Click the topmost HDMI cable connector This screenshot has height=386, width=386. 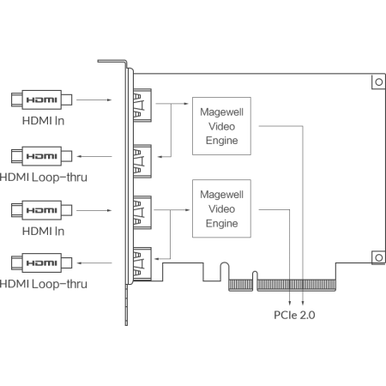pos(42,100)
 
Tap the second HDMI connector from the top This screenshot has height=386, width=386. pos(42,156)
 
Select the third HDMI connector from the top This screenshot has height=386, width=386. pos(42,210)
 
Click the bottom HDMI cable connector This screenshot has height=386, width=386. pos(42,262)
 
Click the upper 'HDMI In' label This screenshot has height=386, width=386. pos(43,121)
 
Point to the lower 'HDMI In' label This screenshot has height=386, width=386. pos(43,232)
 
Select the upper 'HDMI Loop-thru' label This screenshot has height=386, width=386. pos(44,178)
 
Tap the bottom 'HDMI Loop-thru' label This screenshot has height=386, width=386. pos(44,284)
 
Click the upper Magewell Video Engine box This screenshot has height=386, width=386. pos(221,126)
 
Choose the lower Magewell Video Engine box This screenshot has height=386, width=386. pos(221,208)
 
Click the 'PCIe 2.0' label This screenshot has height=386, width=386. pos(294,315)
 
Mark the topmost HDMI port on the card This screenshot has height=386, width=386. pos(142,106)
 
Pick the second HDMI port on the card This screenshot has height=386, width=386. pos(142,161)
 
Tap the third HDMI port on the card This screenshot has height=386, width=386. pos(142,213)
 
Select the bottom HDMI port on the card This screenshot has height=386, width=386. pos(142,264)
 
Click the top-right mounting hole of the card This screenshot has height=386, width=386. pos(379,82)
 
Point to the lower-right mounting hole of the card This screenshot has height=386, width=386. pos(379,257)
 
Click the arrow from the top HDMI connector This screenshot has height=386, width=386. pos(94,100)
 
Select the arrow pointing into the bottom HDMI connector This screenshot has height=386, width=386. pos(94,263)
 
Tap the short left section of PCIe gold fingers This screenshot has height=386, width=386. pos(240,285)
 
